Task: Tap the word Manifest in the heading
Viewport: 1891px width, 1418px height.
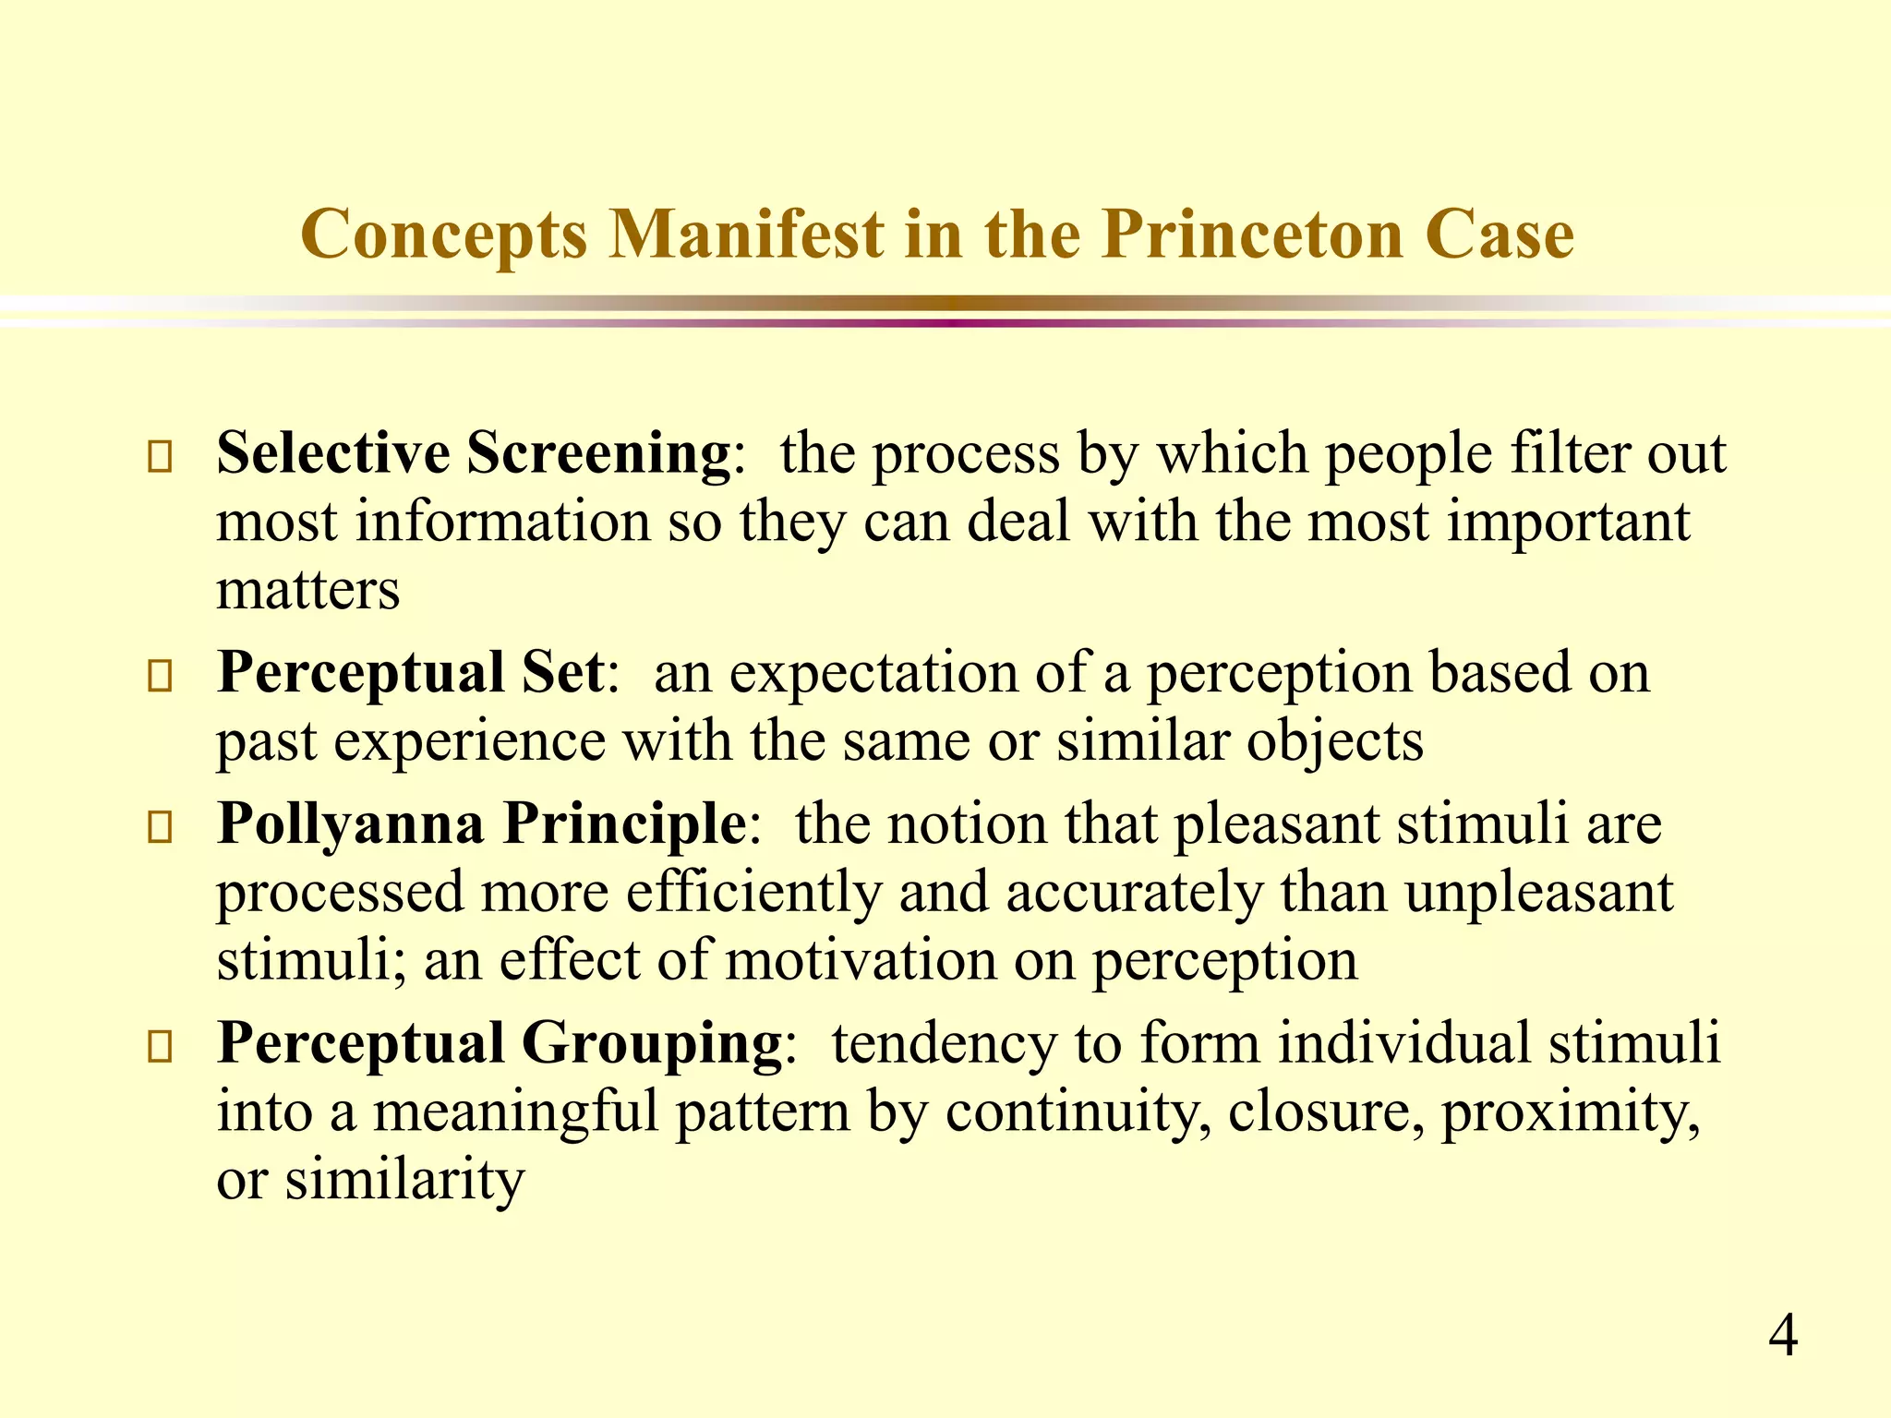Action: (x=746, y=235)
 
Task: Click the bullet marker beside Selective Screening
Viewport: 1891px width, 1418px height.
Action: (x=160, y=458)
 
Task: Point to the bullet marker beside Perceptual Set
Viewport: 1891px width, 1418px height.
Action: (x=160, y=677)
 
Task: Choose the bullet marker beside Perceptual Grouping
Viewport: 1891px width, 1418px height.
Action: (x=160, y=1047)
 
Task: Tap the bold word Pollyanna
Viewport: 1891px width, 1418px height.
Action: (x=350, y=824)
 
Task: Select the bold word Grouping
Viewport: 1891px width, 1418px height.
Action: (x=652, y=1043)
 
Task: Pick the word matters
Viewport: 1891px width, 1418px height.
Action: (x=307, y=590)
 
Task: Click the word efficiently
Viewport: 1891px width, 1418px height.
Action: (x=753, y=893)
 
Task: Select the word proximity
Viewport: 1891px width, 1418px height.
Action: (x=1571, y=1112)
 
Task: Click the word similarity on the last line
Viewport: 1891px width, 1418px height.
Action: (x=404, y=1180)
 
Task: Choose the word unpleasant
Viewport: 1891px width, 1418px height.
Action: (x=1539, y=893)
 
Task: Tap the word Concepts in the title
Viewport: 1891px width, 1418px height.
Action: (x=444, y=235)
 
